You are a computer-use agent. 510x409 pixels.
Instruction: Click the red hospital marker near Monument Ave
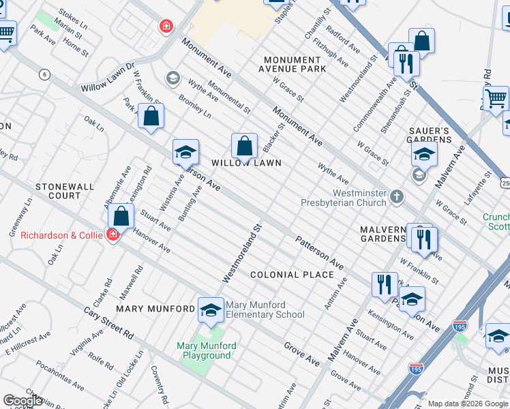click(165, 27)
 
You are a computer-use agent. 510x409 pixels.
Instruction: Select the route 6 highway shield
click(44, 75)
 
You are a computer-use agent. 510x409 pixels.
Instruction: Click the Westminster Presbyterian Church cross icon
click(397, 198)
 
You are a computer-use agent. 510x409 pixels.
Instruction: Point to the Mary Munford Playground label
click(207, 350)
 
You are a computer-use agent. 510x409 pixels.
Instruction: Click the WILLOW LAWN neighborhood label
click(245, 163)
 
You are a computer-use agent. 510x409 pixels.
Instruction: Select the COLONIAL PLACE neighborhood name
click(292, 275)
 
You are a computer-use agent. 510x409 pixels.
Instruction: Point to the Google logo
click(22, 401)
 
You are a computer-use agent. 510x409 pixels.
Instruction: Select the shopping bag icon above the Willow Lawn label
click(244, 145)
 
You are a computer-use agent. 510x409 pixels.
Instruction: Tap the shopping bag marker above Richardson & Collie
click(121, 216)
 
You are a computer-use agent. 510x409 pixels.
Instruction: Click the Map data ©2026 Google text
click(466, 403)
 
